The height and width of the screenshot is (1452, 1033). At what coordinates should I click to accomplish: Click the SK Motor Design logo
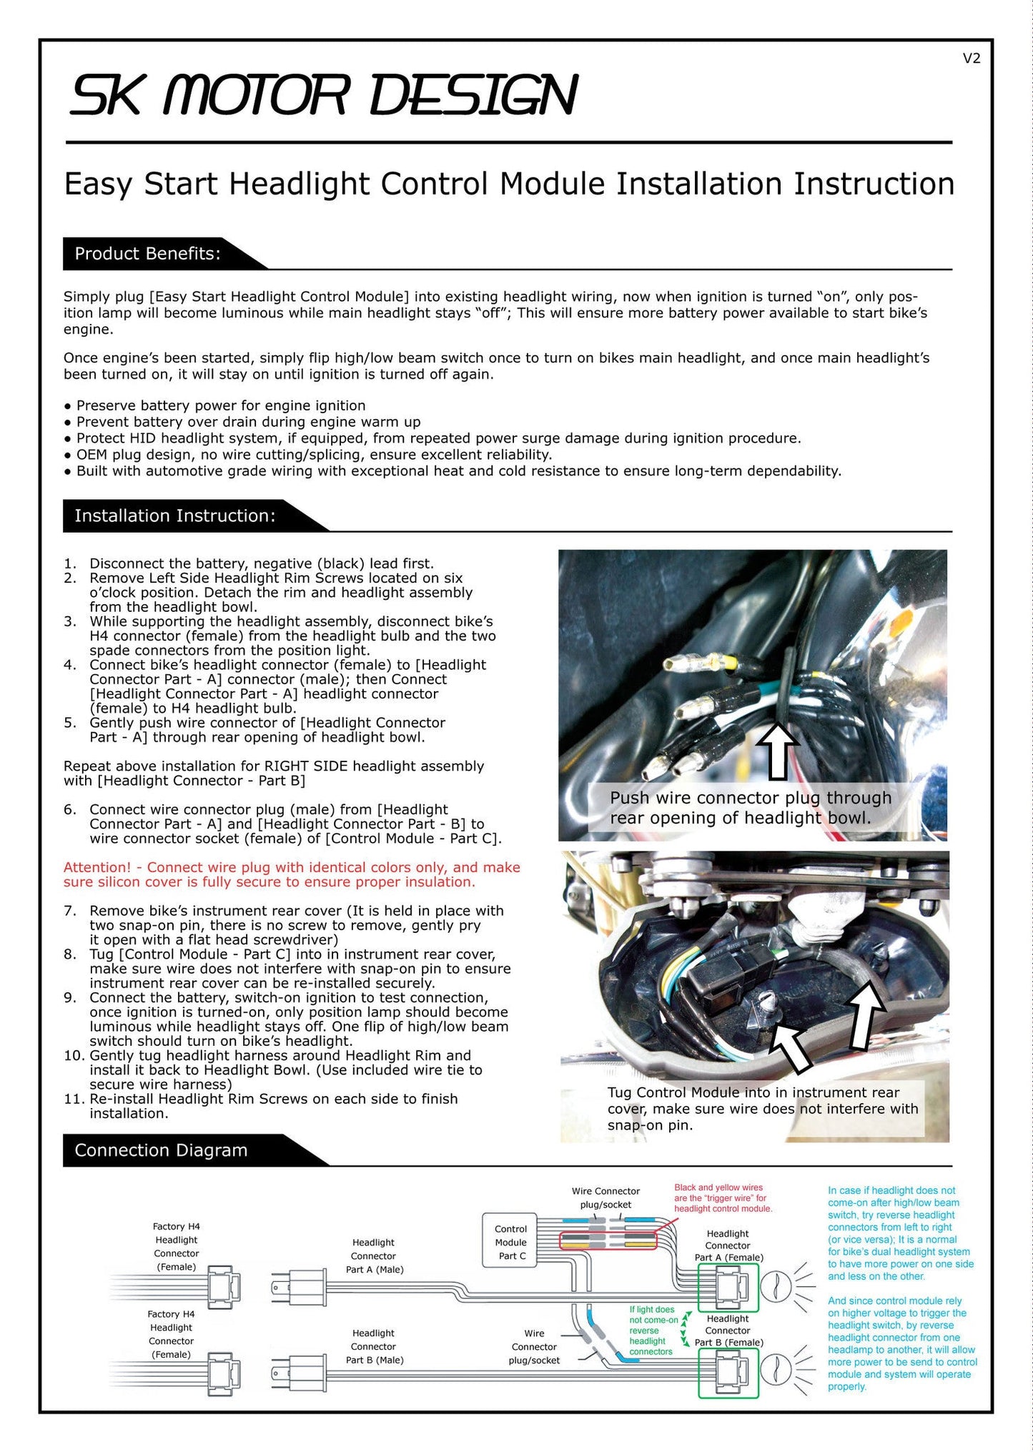[323, 95]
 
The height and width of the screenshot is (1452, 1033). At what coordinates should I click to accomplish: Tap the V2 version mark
[972, 59]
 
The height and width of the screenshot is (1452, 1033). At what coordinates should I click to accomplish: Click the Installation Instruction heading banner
[175, 515]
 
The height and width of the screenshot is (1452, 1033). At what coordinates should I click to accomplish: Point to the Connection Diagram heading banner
[161, 1150]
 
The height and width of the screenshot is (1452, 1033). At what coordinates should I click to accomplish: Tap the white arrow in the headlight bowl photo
[778, 750]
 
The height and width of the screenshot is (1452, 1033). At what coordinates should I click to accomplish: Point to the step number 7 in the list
[69, 911]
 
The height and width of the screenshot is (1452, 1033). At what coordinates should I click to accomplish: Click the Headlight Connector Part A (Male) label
[374, 1256]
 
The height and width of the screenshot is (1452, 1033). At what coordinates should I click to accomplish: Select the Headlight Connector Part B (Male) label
[374, 1346]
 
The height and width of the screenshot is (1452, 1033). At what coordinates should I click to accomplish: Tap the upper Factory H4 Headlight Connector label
[177, 1246]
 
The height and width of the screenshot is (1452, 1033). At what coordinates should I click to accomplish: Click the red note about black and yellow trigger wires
[723, 1198]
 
